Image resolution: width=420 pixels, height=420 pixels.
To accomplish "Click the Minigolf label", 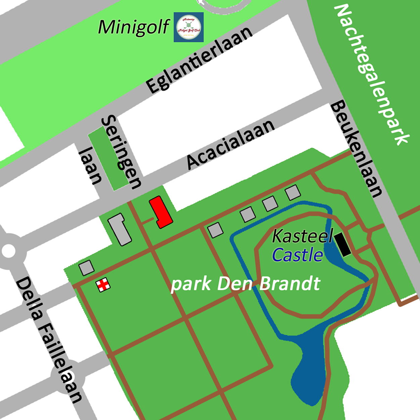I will (134, 27).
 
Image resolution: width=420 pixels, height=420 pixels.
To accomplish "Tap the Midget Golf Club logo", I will (188, 27).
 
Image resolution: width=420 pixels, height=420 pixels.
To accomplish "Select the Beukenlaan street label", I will (357, 149).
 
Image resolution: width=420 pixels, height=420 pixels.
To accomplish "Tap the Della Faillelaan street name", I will (49, 340).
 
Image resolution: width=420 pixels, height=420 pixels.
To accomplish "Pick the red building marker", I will (161, 212).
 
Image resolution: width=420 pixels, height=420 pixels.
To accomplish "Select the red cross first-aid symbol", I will (103, 285).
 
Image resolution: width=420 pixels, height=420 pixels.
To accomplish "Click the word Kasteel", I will (302, 236).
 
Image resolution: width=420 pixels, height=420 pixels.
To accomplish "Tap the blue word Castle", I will (297, 255).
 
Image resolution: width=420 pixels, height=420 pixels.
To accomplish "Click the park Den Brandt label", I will (245, 284).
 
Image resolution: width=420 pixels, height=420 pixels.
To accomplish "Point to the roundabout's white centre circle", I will (8, 250).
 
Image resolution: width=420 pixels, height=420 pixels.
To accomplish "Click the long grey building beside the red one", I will (119, 229).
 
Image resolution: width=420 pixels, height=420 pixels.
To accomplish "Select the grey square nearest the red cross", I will (86, 268).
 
